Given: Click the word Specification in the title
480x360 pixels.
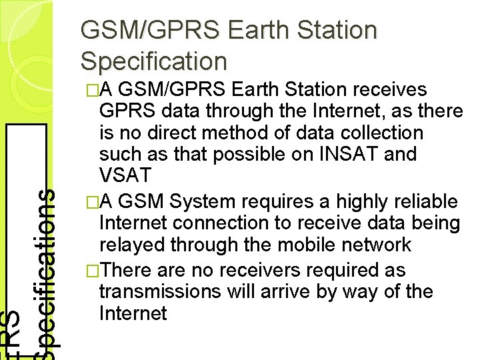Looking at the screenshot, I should pyautogui.click(x=153, y=61).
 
